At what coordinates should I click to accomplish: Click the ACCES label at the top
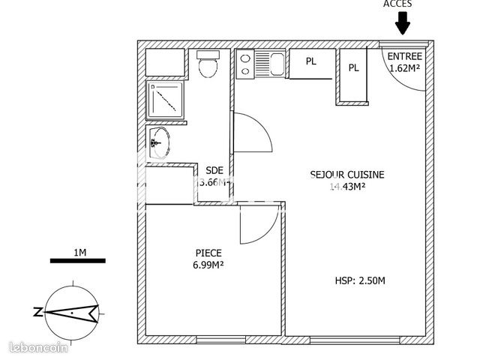(x=397, y=4)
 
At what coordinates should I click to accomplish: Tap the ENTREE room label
(x=405, y=56)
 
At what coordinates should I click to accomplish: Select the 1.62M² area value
(x=405, y=67)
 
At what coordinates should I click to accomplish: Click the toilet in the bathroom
(x=207, y=66)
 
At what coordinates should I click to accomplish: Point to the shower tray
(x=165, y=99)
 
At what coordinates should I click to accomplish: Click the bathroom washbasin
(x=159, y=142)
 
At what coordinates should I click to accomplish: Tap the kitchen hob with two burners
(x=245, y=64)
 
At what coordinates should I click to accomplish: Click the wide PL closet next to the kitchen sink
(x=310, y=63)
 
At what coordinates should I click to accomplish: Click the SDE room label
(x=214, y=170)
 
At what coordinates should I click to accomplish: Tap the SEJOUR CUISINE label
(x=346, y=175)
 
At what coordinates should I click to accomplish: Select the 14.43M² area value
(x=346, y=187)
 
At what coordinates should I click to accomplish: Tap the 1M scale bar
(x=77, y=260)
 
